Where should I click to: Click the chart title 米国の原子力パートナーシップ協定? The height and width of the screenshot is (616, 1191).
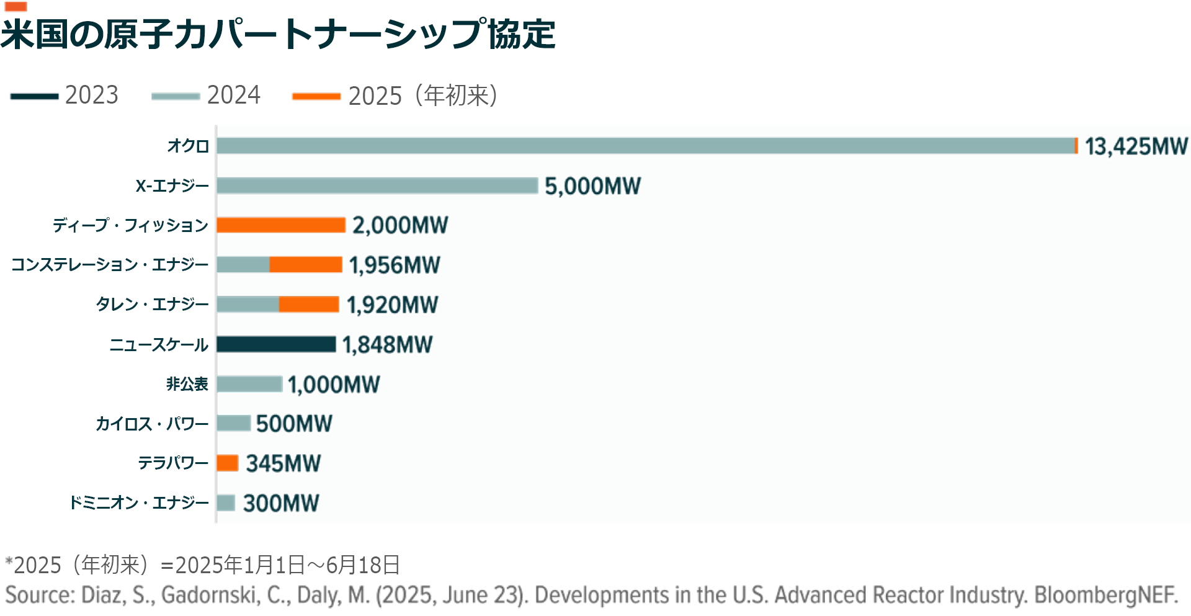tap(278, 33)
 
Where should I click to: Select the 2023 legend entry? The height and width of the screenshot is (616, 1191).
tap(65, 96)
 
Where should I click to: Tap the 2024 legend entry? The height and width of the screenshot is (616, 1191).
tap(206, 96)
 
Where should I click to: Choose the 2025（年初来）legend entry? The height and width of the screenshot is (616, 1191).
tap(395, 96)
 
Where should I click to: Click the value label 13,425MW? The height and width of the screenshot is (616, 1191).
tap(1136, 146)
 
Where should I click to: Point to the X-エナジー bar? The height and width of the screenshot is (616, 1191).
tap(377, 185)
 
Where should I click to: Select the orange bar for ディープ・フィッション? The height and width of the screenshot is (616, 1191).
tap(281, 225)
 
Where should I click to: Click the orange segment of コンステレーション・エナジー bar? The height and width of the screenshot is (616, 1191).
tap(306, 265)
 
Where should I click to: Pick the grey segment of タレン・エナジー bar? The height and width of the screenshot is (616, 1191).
tap(248, 305)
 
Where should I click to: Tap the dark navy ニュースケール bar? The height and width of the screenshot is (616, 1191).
tap(276, 344)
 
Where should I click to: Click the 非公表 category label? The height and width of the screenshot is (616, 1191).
tap(187, 384)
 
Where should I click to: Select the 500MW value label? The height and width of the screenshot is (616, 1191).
tap(294, 424)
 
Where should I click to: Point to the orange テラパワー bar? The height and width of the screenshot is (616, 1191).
tap(228, 463)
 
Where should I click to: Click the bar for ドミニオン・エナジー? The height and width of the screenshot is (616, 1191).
tap(226, 502)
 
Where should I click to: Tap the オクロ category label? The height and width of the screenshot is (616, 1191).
tap(188, 146)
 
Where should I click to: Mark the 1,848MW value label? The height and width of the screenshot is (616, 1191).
tap(387, 344)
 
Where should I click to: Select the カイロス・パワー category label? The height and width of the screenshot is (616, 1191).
tap(152, 424)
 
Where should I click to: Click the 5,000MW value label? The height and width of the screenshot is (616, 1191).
tap(592, 186)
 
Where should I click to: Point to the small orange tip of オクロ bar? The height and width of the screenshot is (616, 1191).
tap(1076, 146)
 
